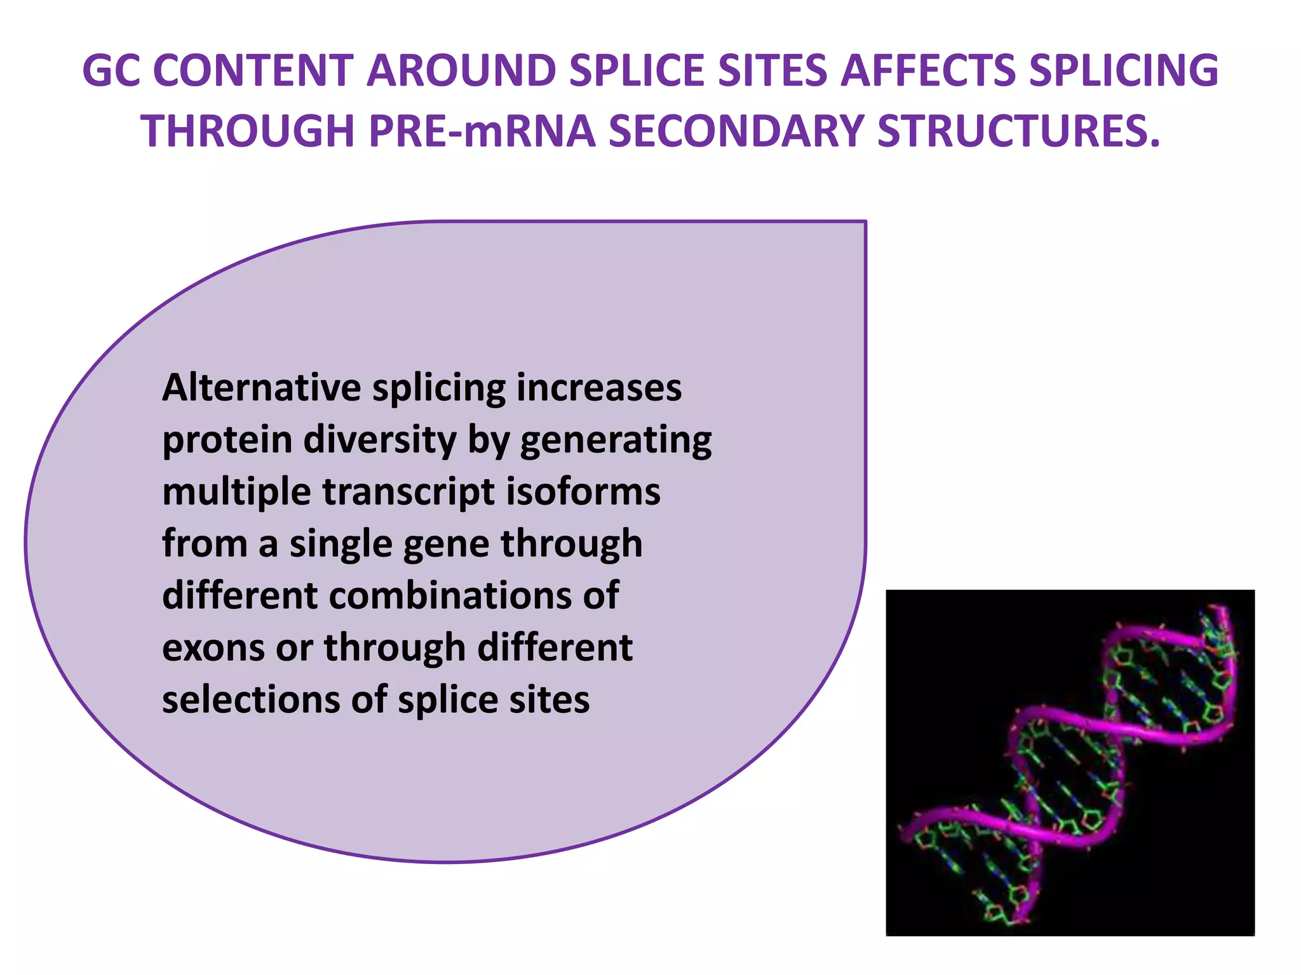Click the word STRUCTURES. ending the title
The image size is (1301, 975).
pos(1018,131)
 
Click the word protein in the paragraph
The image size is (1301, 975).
pos(227,440)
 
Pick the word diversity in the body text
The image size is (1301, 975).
pos(380,440)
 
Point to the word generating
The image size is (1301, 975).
pos(616,440)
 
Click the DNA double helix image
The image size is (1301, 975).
pos(1070,762)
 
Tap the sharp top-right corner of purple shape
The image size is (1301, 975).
pos(865,222)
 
